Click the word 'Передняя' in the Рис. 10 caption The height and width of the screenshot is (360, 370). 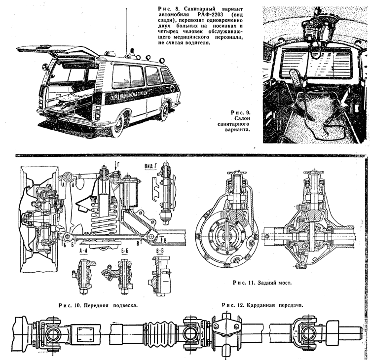[88, 304]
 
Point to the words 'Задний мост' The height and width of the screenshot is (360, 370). [274, 283]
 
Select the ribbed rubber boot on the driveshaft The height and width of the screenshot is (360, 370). [158, 330]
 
